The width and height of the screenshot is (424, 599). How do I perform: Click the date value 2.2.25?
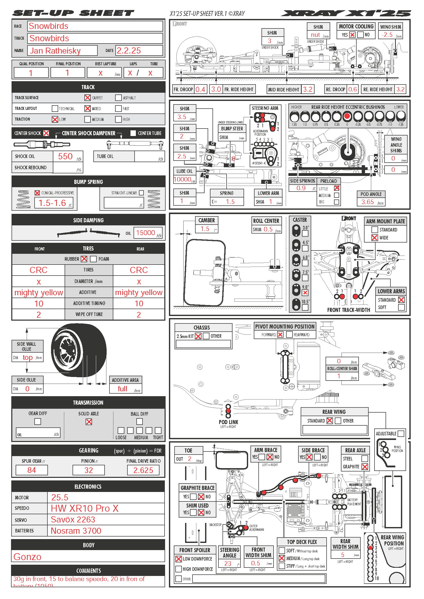click(129, 51)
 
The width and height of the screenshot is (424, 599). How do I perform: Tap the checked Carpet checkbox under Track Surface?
click(87, 98)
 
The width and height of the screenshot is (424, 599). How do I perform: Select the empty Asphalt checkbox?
click(118, 98)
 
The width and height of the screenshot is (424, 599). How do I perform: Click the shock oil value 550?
click(65, 156)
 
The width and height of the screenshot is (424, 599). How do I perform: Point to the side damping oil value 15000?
click(145, 233)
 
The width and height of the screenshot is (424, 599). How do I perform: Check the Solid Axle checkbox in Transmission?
click(89, 422)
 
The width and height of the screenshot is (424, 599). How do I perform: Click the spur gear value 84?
click(32, 470)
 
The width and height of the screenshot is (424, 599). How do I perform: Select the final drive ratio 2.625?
click(143, 470)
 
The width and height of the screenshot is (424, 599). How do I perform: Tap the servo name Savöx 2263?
click(73, 519)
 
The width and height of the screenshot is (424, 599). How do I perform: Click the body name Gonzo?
click(27, 557)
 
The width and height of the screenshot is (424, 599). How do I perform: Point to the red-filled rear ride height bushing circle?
click(347, 116)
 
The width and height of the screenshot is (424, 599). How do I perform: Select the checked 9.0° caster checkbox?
click(305, 293)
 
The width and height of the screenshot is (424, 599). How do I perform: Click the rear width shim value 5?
click(342, 555)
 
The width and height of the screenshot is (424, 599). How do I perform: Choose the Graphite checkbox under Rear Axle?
click(365, 467)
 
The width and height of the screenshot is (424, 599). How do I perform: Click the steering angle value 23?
click(228, 563)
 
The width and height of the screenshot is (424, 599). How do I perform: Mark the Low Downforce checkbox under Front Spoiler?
click(179, 559)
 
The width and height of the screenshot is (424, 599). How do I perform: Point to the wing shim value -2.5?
click(387, 35)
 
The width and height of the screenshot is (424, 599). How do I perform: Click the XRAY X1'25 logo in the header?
click(346, 13)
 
